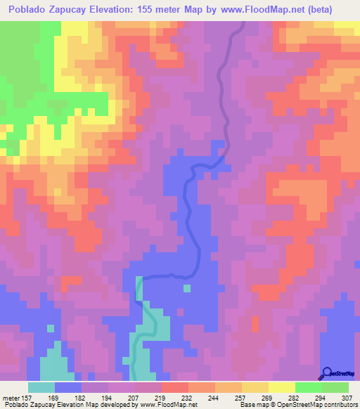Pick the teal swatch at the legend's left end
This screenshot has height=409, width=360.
click(x=41, y=387)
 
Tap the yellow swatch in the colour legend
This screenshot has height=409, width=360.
click(x=282, y=387)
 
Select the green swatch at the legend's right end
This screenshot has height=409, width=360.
click(x=335, y=387)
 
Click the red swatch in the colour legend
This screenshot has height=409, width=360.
click(x=175, y=387)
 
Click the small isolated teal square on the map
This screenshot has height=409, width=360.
click(x=187, y=287)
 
